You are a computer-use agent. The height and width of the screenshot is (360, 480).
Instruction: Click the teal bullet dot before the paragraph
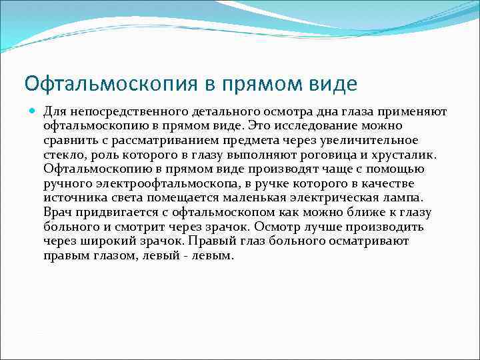click(31, 111)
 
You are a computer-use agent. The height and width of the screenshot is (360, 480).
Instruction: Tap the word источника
click(71, 198)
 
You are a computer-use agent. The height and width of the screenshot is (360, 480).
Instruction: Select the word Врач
click(57, 213)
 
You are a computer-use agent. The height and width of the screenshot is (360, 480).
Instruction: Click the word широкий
click(115, 241)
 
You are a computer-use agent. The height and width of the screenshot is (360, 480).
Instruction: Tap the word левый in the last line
click(161, 256)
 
